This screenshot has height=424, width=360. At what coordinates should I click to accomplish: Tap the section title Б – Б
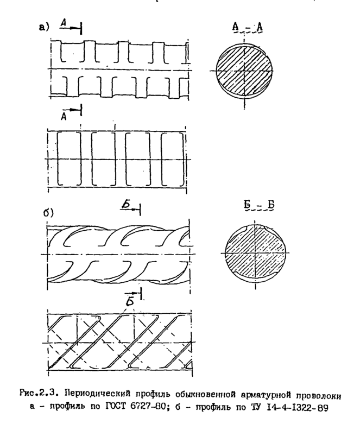tap(254, 209)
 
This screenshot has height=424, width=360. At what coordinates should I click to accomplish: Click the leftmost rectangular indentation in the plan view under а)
tap(68, 158)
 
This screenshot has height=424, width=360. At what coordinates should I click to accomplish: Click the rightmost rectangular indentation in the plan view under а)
tap(172, 158)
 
